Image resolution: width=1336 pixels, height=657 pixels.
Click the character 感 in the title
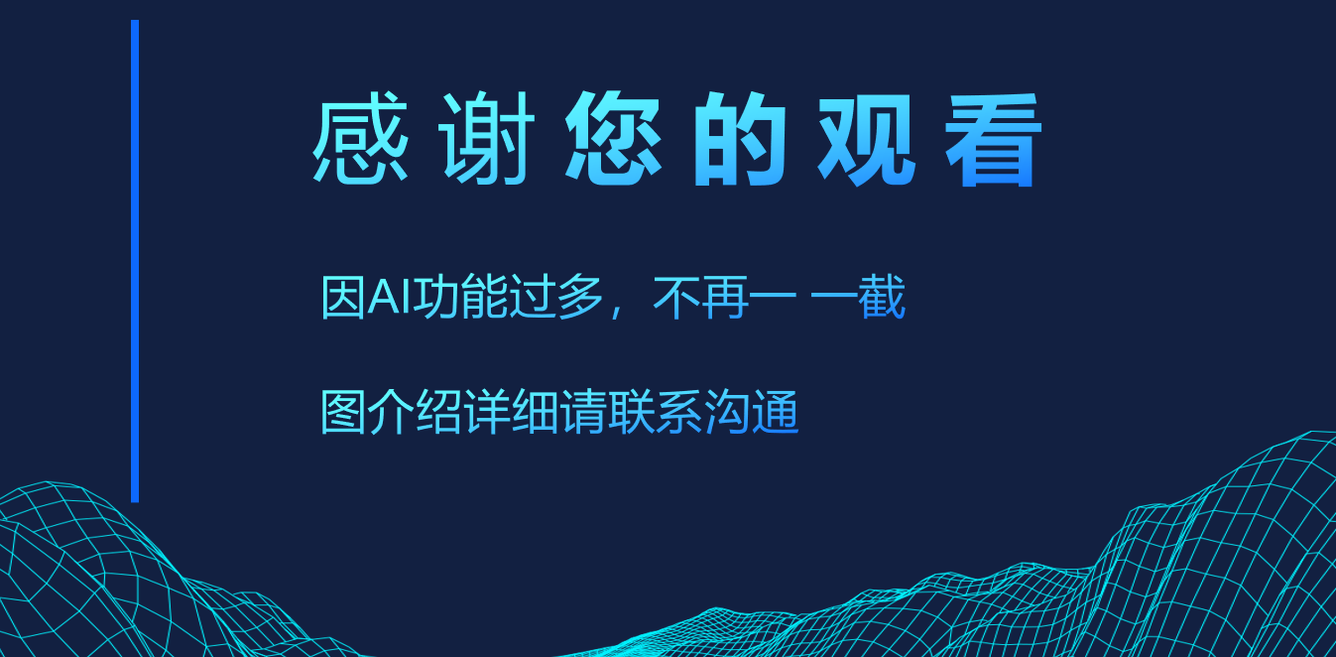point(361,138)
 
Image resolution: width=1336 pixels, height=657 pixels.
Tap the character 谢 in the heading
point(486,138)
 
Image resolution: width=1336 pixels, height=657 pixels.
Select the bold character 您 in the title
point(614,138)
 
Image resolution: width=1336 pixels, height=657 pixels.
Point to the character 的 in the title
point(740,138)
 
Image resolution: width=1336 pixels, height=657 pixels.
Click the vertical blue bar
point(135,261)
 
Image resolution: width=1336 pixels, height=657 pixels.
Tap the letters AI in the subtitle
point(390,296)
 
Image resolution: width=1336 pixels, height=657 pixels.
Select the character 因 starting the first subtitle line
point(343,297)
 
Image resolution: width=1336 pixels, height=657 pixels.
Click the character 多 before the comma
point(580,297)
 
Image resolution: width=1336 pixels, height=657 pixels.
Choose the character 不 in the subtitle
point(675,297)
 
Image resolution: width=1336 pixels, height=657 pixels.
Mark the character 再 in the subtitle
point(725,297)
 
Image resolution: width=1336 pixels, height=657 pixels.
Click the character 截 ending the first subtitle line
point(883,297)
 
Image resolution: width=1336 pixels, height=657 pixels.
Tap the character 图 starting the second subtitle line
point(343,412)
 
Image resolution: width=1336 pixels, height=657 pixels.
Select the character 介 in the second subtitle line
point(391,412)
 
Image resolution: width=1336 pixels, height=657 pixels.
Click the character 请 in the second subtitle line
point(583,412)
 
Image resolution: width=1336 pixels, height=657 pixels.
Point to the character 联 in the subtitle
point(631,412)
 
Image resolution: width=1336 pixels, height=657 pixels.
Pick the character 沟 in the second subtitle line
point(727,412)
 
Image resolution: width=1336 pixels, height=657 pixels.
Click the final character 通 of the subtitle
point(776,412)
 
